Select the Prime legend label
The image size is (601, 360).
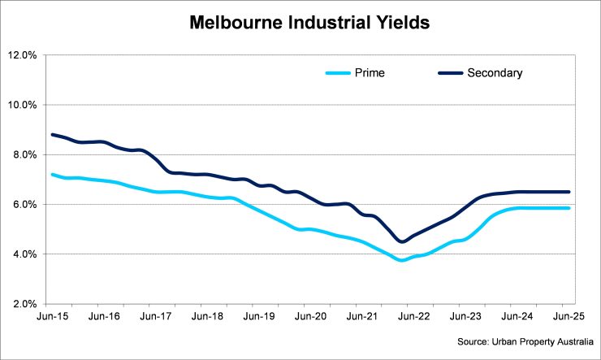368,73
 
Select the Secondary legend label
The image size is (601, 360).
495,73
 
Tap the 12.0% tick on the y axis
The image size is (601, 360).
23,55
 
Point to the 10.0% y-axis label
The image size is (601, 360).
23,105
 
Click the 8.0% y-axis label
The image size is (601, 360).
24,154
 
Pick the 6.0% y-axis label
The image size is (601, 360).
24,205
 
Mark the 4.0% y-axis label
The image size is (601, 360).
24,254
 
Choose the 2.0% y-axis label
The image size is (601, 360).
24,304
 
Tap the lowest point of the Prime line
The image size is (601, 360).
400,260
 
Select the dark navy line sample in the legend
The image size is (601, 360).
450,73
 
